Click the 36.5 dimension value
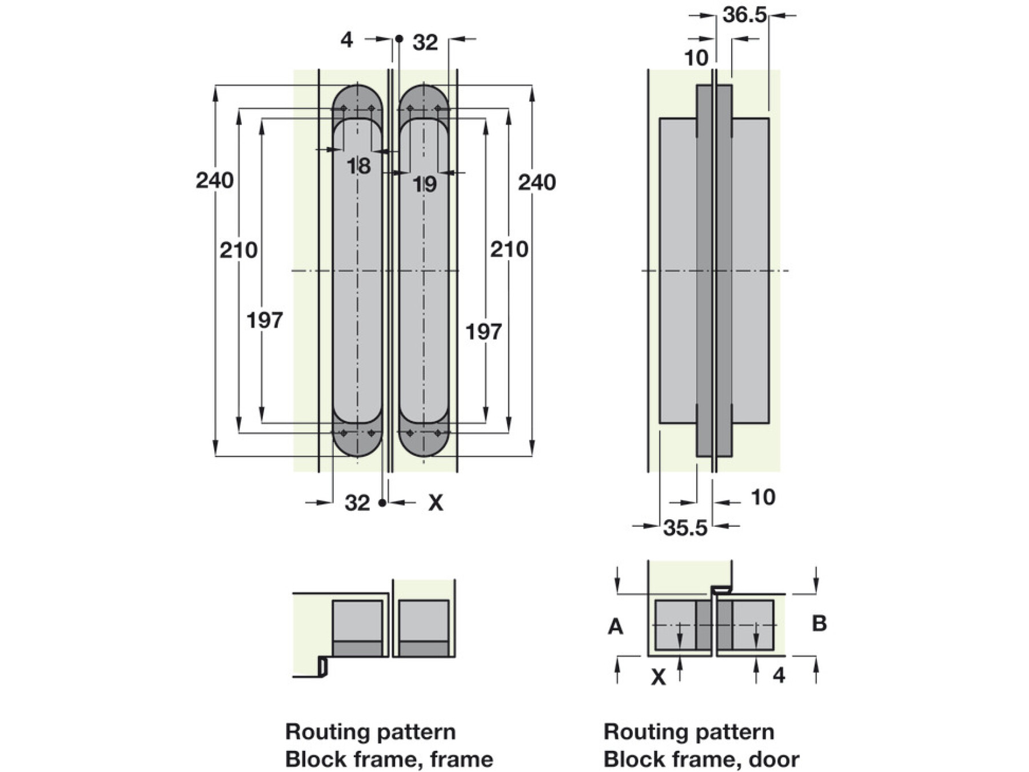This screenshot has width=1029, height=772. [744, 15]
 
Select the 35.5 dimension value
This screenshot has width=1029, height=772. [685, 528]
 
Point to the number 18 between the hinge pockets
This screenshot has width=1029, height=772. [358, 166]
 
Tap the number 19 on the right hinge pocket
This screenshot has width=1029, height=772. [424, 184]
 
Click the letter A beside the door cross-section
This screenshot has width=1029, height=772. [615, 627]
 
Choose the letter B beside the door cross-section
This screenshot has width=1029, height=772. [819, 623]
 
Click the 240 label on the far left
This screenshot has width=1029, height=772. [214, 181]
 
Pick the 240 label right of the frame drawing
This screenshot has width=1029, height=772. [536, 182]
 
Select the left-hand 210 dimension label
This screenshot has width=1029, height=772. [238, 250]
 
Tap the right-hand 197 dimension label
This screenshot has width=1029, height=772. [483, 332]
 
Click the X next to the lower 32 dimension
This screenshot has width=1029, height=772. [436, 503]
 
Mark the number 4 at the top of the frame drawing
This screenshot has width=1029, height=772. [346, 40]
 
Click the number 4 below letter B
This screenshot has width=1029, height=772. [779, 675]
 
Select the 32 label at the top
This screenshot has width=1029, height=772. [425, 42]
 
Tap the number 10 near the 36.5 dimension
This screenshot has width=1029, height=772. [696, 58]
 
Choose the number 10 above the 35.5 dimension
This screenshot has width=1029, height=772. [763, 497]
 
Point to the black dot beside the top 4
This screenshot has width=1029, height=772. [399, 39]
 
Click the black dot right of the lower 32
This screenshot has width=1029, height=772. [382, 503]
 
